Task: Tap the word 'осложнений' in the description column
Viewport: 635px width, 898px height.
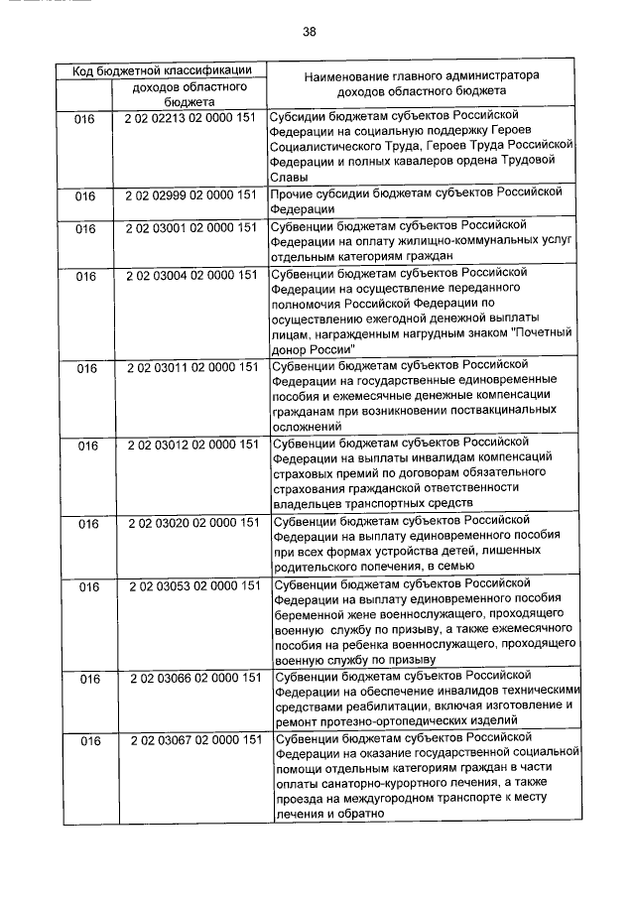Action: click(307, 424)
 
